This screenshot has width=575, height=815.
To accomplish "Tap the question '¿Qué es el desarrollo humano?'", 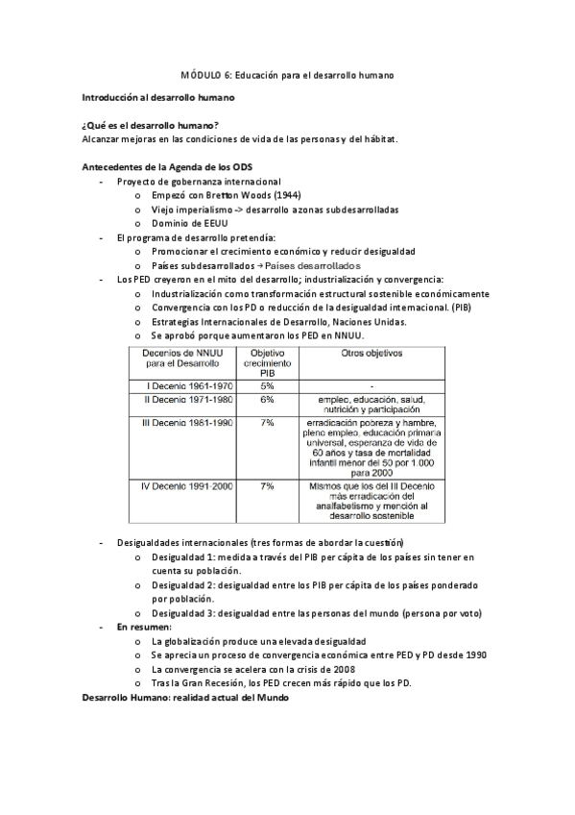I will (x=150, y=126).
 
